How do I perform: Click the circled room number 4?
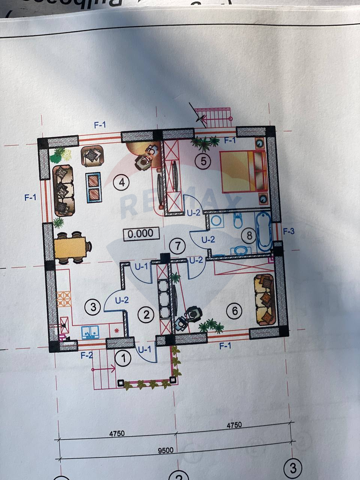pyautogui.click(x=121, y=183)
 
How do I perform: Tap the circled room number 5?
pyautogui.click(x=203, y=161)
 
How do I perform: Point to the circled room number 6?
pyautogui.click(x=235, y=310)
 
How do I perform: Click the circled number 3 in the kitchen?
pyautogui.click(x=93, y=307)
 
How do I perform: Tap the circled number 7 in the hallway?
pyautogui.click(x=177, y=246)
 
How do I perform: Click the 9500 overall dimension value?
pyautogui.click(x=165, y=450)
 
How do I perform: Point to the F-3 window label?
pyautogui.click(x=288, y=231)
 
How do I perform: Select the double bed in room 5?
pyautogui.click(x=243, y=171)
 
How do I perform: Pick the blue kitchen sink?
pyautogui.click(x=90, y=332)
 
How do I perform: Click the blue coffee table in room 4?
pyautogui.click(x=93, y=187)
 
